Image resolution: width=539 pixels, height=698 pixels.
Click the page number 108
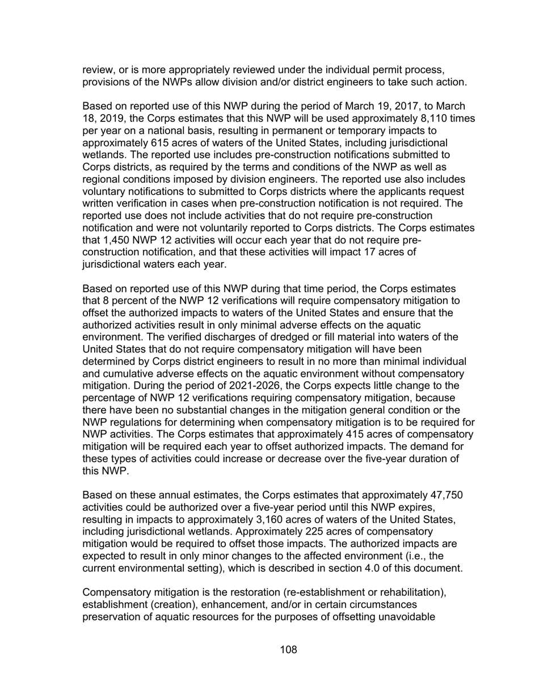tap(288, 650)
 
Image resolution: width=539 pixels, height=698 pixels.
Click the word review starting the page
tap(98, 70)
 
